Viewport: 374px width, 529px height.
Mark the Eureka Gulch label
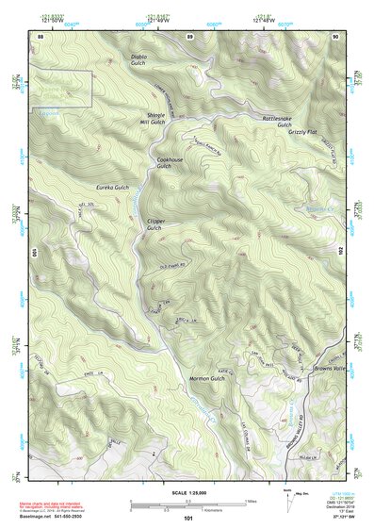point(101,189)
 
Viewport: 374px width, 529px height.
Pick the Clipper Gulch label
point(155,224)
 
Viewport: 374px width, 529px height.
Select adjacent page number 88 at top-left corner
point(41,36)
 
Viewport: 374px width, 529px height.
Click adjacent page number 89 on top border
point(189,36)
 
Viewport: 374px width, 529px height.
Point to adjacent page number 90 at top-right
point(336,36)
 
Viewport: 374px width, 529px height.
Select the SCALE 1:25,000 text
point(187,495)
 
